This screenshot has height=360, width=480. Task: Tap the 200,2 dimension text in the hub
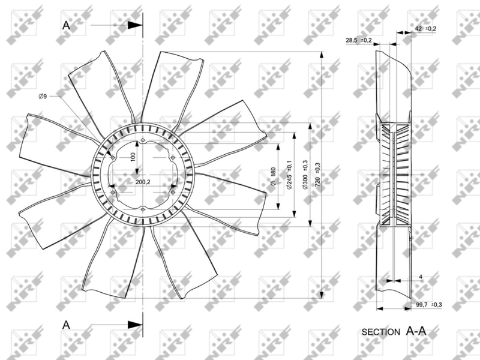pyautogui.click(x=143, y=182)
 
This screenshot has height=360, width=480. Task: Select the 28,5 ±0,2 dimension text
pyautogui.click(x=359, y=40)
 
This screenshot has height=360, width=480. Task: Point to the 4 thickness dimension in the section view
pyautogui.click(x=421, y=277)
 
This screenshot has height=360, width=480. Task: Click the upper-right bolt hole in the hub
pyautogui.click(x=173, y=158)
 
